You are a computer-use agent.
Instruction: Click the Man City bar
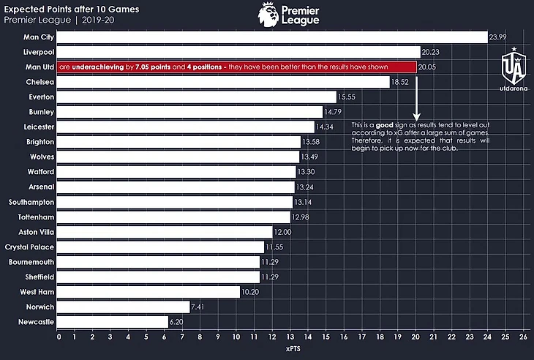point(272,37)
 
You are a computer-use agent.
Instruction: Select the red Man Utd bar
point(238,67)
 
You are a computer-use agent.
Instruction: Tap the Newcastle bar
point(113,321)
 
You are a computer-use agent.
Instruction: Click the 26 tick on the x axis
point(523,338)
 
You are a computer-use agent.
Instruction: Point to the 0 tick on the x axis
point(59,338)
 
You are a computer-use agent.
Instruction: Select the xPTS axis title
point(290,350)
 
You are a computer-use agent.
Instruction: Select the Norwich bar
point(124,307)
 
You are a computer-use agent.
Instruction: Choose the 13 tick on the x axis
point(291,338)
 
